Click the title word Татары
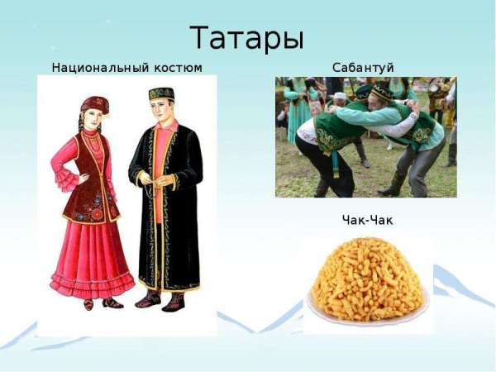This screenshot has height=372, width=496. point(247,38)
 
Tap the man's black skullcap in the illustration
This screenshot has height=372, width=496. point(160,93)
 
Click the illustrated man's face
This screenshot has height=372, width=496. point(161,109)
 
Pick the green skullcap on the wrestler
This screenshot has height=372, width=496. point(381,91)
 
